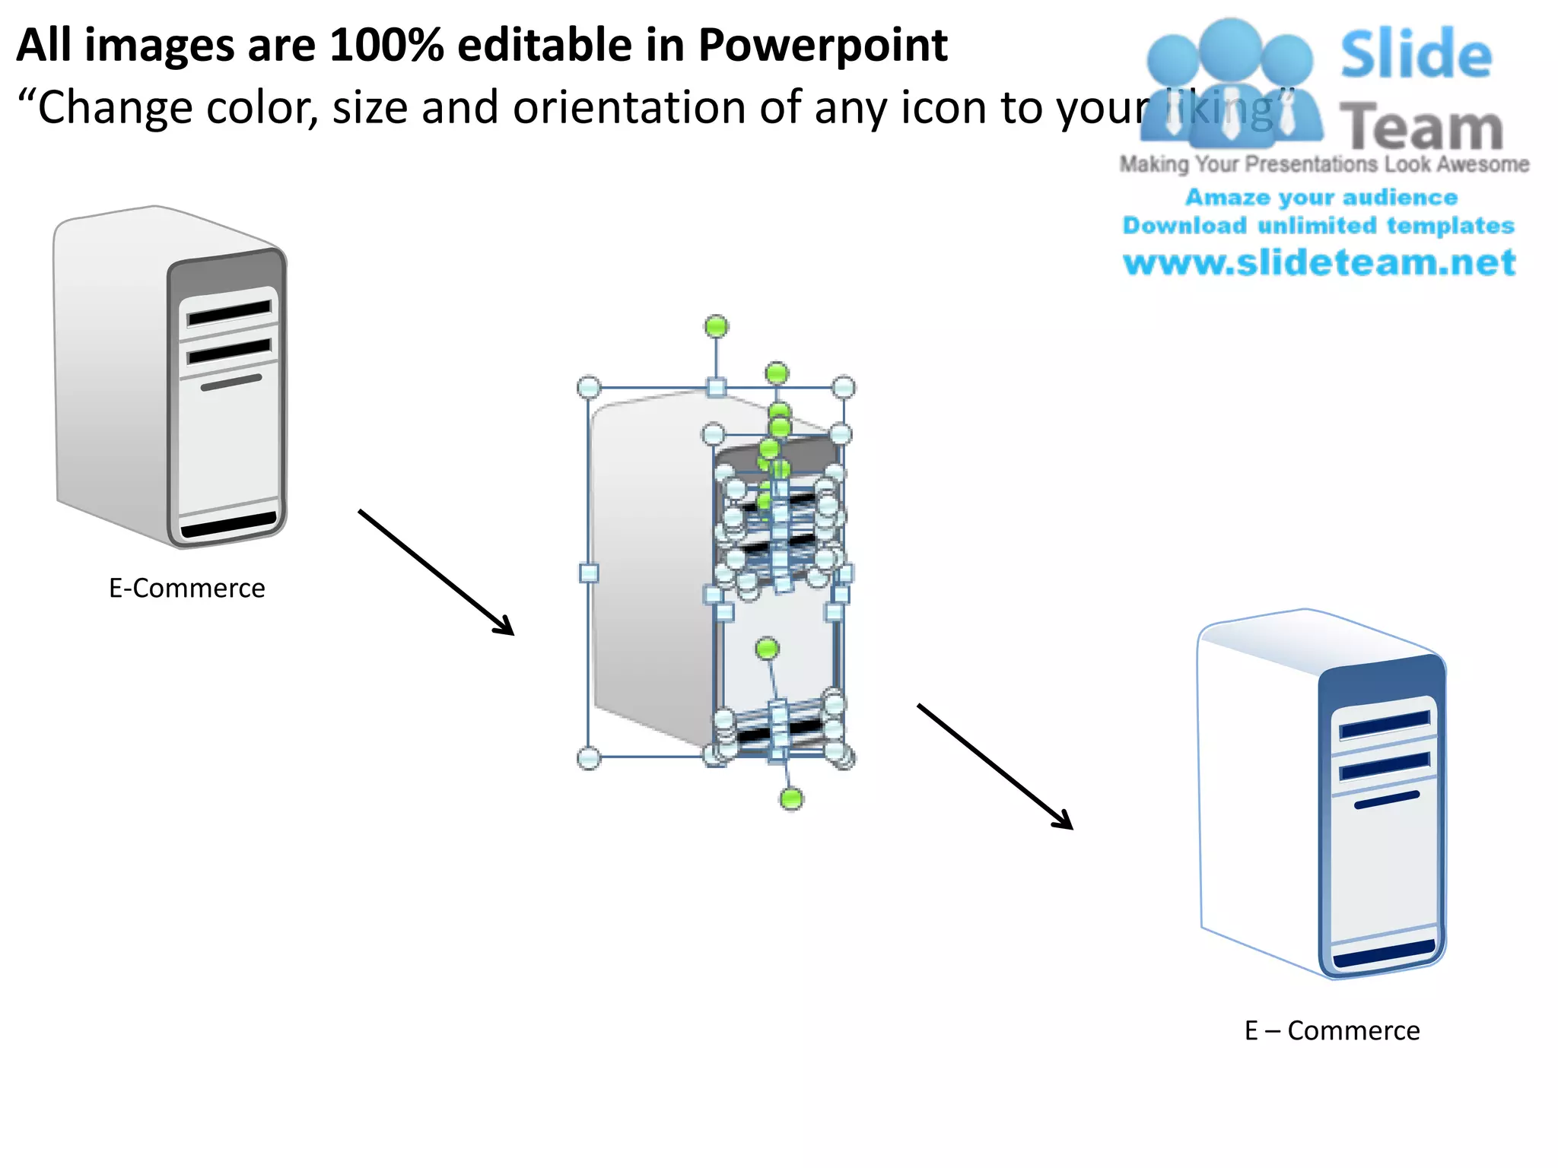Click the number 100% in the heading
[x=386, y=46]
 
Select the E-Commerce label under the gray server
[x=186, y=589]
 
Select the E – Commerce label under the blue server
[x=1332, y=1031]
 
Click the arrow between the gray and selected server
[x=436, y=572]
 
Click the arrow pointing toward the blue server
[x=995, y=766]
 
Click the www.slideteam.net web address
[x=1319, y=262]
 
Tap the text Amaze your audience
[x=1321, y=198]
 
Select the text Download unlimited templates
[x=1318, y=226]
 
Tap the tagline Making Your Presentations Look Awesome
[x=1324, y=164]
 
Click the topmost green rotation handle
[x=716, y=327]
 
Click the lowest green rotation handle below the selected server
[x=791, y=798]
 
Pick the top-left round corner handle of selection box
[x=589, y=388]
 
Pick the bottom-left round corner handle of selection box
[x=589, y=757]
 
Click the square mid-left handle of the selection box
[x=589, y=573]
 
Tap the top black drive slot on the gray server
[x=229, y=312]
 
